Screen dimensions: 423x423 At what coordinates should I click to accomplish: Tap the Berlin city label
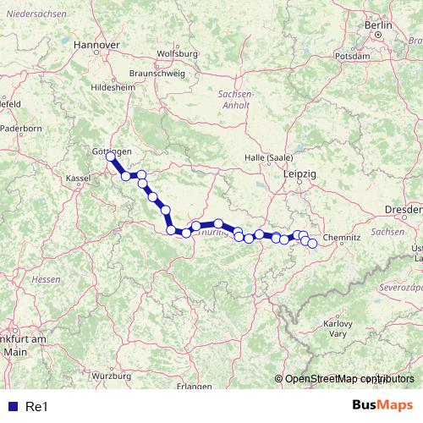[x=380, y=26]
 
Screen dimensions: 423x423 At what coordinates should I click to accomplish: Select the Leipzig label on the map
[x=300, y=173]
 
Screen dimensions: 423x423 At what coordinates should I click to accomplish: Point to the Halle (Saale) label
[x=268, y=158]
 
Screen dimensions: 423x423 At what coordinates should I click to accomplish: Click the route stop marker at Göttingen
[x=110, y=157]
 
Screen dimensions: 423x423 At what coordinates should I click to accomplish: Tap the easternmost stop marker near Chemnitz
[x=312, y=244]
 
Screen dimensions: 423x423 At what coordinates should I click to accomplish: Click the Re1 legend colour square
[x=10, y=406]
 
